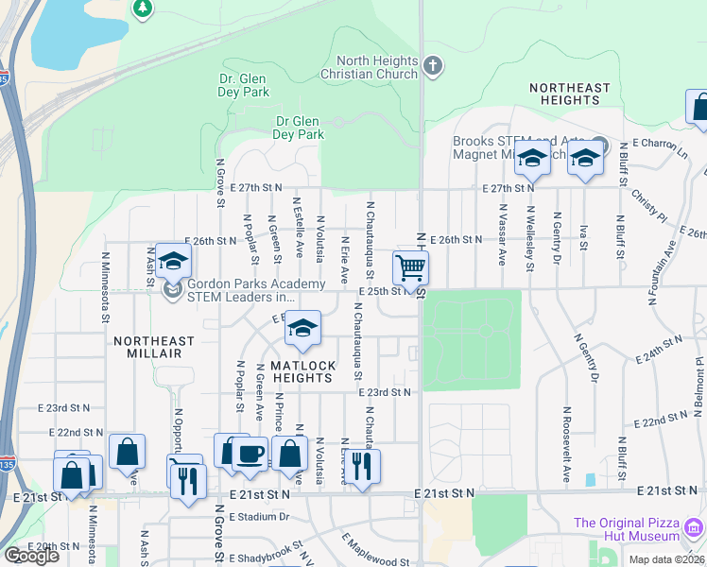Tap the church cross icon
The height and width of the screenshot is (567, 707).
[433, 66]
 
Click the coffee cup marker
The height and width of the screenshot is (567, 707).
[250, 455]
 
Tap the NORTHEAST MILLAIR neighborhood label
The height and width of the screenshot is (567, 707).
[154, 347]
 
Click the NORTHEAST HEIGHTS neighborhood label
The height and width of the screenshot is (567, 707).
[570, 94]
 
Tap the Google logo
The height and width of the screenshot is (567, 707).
[31, 556]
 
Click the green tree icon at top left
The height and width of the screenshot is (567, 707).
[142, 9]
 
